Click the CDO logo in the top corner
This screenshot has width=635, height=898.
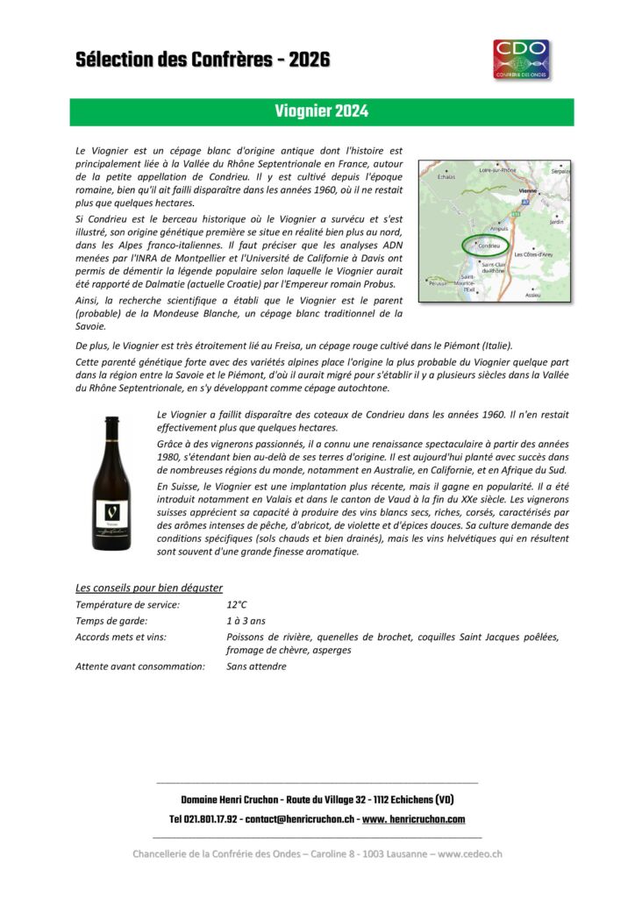pos(521,59)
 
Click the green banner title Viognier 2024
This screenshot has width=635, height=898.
pos(321,111)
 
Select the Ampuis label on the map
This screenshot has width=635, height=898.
pos(499,229)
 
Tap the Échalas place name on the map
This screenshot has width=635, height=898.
pos(446,177)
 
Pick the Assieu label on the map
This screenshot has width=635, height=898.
pos(532,295)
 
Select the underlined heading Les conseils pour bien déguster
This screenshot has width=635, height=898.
pos(149,588)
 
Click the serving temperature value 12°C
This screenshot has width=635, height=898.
pos(237,604)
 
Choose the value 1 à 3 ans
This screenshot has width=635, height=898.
pos(246,620)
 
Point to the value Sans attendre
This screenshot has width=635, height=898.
pos(256,666)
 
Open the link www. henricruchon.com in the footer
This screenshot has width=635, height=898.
pos(413,819)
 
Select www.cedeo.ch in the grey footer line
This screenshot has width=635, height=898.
pos(469,853)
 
